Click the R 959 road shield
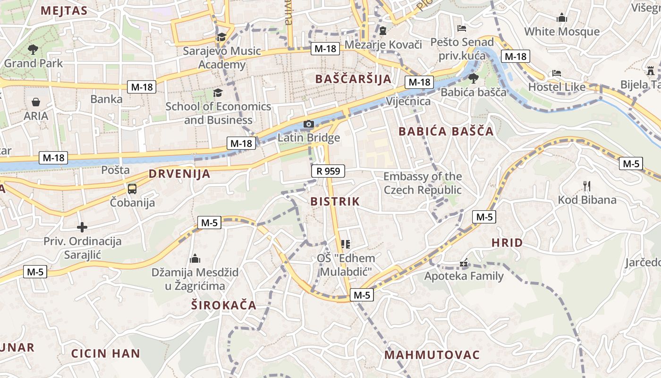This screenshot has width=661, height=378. coord(328,171)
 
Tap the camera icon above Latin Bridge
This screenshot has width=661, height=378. coord(308,124)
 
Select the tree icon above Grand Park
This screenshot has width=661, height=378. coord(33,49)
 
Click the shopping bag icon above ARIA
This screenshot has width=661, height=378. coord(36,102)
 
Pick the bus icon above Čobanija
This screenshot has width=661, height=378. coord(132,189)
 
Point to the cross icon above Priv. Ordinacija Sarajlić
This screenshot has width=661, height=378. coord(82,227)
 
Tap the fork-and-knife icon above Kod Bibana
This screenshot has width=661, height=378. coord(587,186)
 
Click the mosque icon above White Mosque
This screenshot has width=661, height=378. coord(562,18)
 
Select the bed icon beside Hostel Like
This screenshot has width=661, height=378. coord(557,73)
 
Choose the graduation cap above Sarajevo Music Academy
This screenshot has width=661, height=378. coord(221,37)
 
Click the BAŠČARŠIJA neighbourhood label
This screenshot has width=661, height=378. coord(353,79)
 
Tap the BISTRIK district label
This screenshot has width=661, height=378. coord(335,201)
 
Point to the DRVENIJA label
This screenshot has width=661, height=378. coord(179,173)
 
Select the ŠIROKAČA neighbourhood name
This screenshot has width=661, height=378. coord(224,305)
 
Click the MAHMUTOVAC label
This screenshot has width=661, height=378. coord(432,354)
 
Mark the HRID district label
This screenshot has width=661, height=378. coord(507,243)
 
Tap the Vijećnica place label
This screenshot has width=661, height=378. coord(408,101)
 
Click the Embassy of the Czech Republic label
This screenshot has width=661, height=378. coord(422,183)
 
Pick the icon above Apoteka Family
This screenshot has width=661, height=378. coord(464,263)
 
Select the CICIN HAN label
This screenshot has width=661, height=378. coord(106,353)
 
